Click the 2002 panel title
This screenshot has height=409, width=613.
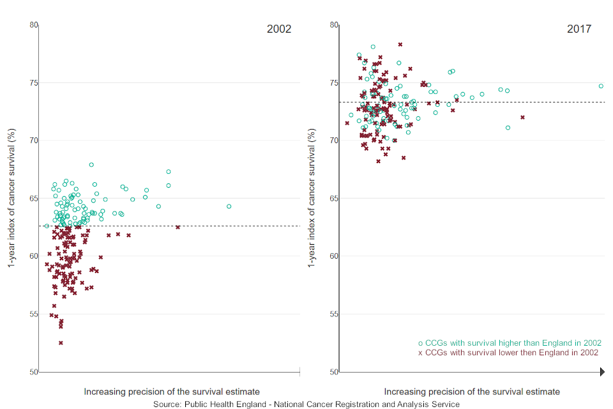tap(279, 29)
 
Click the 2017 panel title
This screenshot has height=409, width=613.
tap(579, 29)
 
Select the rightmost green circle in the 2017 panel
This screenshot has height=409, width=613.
tap(601, 86)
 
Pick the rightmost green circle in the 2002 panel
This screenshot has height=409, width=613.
tap(229, 206)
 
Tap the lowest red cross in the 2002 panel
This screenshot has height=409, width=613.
tap(61, 343)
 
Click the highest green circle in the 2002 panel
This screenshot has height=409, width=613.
tap(91, 165)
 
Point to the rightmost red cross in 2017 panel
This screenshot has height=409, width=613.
tap(522, 117)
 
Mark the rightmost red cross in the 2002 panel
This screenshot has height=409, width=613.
tap(178, 227)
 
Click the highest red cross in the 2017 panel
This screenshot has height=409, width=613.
tap(400, 45)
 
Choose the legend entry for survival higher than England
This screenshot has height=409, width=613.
tap(510, 343)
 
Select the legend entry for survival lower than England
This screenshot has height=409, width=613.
tap(508, 352)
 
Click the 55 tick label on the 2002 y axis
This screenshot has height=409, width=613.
tap(33, 314)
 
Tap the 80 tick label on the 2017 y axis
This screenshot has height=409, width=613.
tap(333, 25)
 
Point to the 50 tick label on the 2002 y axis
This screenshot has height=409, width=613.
tap(33, 372)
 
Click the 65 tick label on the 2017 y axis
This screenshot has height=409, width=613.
tap(333, 199)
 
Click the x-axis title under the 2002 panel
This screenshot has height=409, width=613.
tap(172, 392)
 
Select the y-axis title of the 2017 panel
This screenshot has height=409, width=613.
tap(312, 198)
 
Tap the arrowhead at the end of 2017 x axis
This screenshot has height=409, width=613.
tap(602, 372)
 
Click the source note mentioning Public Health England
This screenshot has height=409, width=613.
tap(306, 404)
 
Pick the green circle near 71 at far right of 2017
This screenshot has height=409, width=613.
tap(508, 128)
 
